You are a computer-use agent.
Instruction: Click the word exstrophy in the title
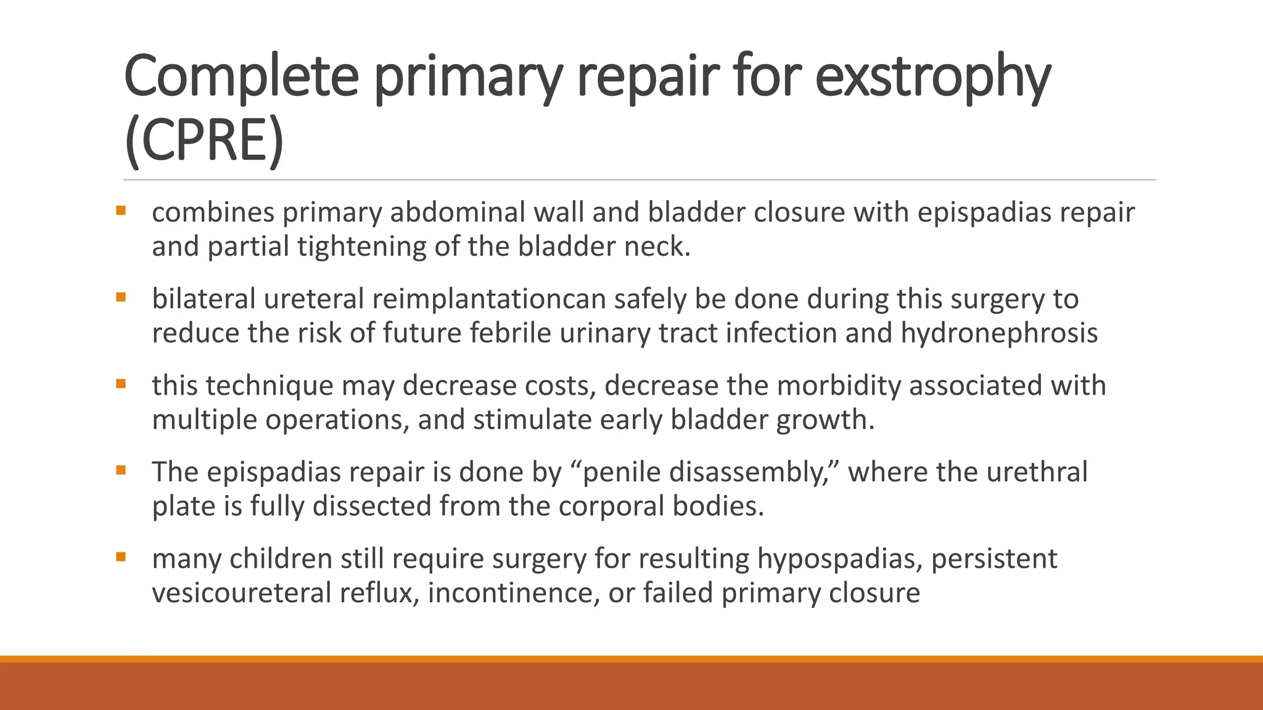pyautogui.click(x=932, y=77)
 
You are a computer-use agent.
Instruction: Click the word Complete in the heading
pyautogui.click(x=241, y=77)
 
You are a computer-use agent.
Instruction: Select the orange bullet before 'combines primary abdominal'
pyautogui.click(x=121, y=211)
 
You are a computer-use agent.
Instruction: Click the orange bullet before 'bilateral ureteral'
pyautogui.click(x=121, y=298)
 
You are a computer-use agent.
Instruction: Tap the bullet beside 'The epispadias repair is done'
pyautogui.click(x=121, y=471)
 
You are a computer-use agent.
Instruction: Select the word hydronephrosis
pyautogui.click(x=999, y=333)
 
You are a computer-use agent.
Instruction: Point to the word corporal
pyautogui.click(x=611, y=507)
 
